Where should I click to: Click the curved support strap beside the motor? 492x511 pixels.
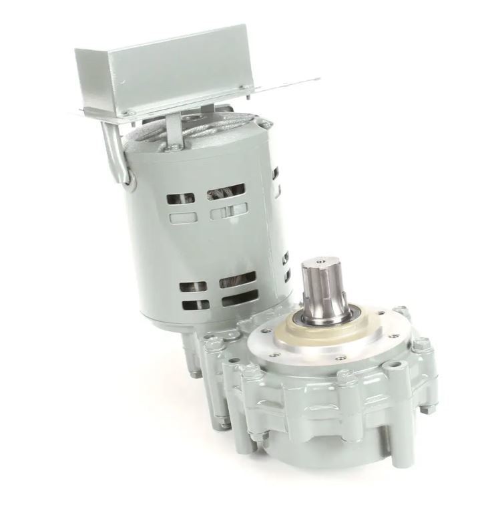(115, 157)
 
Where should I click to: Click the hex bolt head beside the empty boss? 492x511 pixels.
(422, 345)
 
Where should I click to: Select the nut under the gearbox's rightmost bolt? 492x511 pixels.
(428, 408)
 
